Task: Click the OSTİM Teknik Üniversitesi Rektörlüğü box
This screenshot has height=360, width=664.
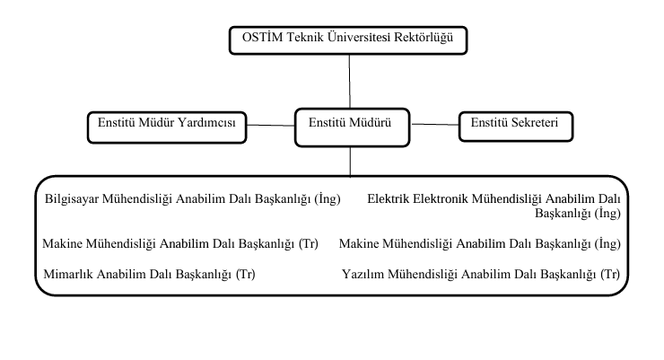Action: coord(348,40)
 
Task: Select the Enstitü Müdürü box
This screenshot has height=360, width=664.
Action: coord(352,127)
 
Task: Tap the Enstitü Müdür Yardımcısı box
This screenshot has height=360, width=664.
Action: coord(167,127)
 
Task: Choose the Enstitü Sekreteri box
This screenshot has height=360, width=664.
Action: coord(516,127)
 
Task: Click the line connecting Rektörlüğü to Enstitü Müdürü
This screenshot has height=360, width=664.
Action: coord(350,82)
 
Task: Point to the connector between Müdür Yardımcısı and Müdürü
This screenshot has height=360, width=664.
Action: coord(271,126)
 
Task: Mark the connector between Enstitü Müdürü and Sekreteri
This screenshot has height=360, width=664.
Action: coord(434,125)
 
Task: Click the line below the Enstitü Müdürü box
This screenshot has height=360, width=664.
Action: coord(350,162)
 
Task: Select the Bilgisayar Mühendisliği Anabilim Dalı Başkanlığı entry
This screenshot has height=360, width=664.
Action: coord(193,199)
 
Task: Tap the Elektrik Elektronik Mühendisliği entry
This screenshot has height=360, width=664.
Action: coord(494,206)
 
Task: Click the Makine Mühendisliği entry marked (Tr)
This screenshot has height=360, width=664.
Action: coord(180,244)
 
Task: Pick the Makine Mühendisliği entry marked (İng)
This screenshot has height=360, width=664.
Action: coord(480,244)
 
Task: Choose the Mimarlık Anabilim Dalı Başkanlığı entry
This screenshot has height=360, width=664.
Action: coord(149,275)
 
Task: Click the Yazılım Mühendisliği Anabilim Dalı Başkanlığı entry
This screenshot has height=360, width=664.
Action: coord(481,275)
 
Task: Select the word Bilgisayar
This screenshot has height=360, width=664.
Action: coord(72,199)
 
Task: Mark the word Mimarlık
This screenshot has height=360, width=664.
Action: coord(68,275)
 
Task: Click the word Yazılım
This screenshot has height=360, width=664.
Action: coord(363,275)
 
